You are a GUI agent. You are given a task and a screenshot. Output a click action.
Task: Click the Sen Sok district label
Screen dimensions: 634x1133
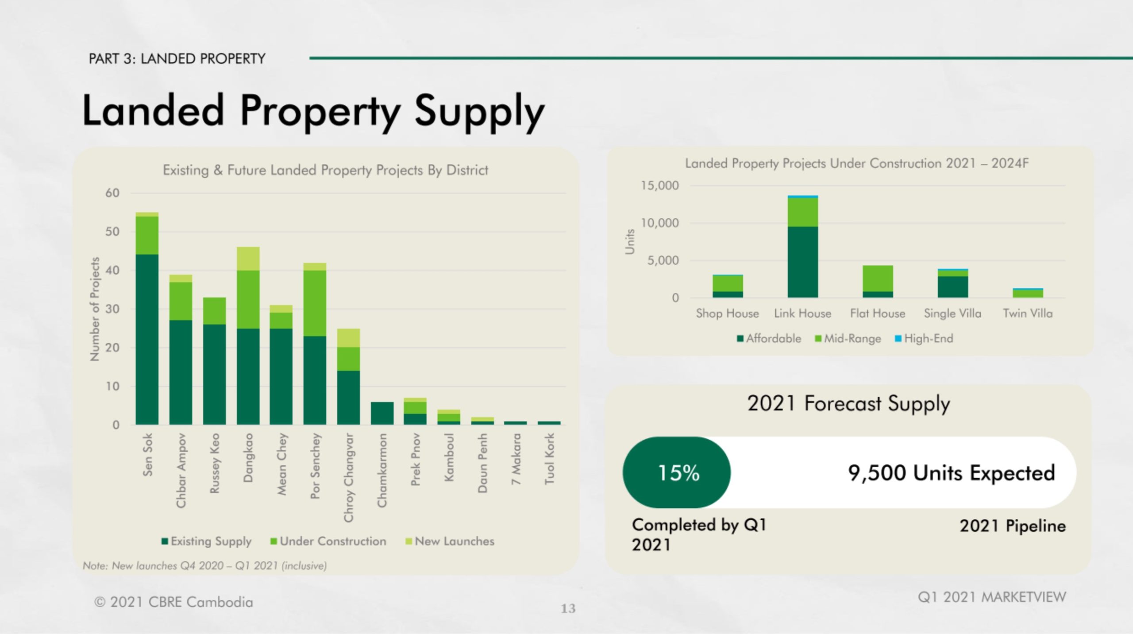[148, 455]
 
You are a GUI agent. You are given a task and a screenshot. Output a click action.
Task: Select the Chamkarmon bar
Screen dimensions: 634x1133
[382, 413]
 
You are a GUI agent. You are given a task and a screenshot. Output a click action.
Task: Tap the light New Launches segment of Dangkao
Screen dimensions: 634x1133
[248, 259]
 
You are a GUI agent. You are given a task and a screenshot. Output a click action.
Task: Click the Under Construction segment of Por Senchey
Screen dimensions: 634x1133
[315, 303]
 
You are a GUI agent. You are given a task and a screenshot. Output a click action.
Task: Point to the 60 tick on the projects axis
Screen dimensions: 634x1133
[112, 193]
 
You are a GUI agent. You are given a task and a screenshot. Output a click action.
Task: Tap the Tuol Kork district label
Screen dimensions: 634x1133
[549, 459]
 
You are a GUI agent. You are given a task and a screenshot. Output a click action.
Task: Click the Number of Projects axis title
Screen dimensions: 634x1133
[94, 309]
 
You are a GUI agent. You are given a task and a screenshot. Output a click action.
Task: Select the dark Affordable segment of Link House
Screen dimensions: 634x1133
[802, 262]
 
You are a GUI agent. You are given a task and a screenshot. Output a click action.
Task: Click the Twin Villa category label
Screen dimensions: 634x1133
[1027, 313]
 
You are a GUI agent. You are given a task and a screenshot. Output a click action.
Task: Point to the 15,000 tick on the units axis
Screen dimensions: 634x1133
[659, 186]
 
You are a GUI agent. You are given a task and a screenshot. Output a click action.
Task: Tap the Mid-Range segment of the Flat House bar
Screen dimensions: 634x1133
[878, 278]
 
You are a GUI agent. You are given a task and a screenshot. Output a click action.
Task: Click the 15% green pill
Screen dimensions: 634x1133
[677, 472]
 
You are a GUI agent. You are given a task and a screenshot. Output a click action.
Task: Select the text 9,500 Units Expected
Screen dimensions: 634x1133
[951, 473]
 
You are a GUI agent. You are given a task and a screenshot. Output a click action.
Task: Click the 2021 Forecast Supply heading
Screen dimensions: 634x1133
[848, 403]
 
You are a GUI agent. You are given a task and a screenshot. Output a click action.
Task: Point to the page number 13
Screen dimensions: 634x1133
[568, 609]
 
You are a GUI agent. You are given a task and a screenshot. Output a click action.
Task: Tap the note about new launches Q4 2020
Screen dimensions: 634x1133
[205, 566]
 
